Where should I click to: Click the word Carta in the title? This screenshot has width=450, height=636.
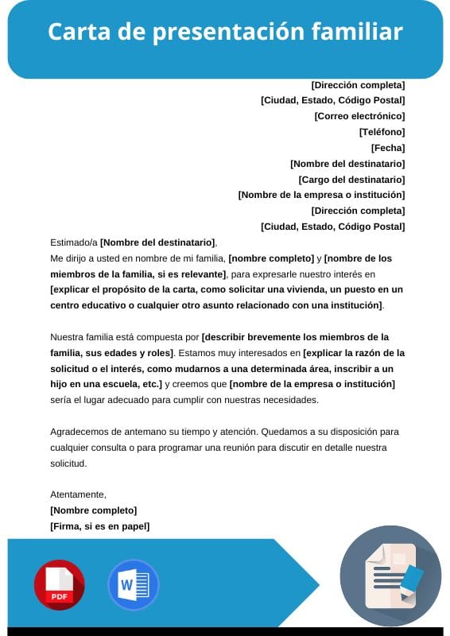point(74,32)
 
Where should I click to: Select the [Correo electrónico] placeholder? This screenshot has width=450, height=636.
point(359,116)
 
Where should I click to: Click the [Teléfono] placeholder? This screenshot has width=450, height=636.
point(382,132)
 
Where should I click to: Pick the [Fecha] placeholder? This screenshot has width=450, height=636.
point(388,148)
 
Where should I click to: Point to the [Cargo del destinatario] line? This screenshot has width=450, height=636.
point(351,180)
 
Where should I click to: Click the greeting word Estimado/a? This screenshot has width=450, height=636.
point(73,242)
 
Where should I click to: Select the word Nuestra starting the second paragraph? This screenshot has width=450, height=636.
point(67,337)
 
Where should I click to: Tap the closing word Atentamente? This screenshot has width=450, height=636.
point(78,494)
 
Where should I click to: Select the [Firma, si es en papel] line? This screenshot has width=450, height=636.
point(99,526)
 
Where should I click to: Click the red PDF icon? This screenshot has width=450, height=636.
point(59,584)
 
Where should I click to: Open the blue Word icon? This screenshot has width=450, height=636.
point(133,584)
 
